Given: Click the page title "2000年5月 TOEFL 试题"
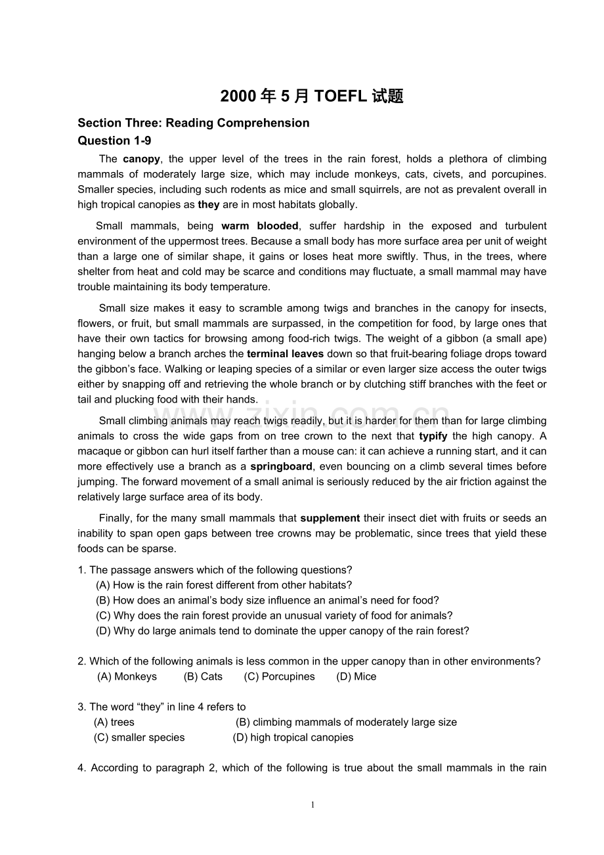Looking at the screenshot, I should [312, 97].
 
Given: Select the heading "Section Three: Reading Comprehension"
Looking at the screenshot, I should [193, 123].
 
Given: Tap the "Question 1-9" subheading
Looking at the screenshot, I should [114, 141].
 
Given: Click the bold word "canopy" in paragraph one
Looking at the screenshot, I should [141, 159].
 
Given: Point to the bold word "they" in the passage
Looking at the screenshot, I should [209, 204].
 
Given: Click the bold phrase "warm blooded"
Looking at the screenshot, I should [260, 226].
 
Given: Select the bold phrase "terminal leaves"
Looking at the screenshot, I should [285, 354].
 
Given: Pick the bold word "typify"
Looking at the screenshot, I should [433, 436].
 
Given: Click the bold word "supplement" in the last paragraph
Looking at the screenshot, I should [330, 518].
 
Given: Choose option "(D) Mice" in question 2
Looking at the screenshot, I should [356, 676].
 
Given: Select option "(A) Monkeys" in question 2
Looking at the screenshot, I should [127, 676].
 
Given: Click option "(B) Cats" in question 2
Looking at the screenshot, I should [203, 676].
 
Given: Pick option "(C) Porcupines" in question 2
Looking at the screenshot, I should [279, 676].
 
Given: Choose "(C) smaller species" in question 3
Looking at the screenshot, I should [139, 737].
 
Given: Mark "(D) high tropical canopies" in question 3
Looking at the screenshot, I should [293, 737].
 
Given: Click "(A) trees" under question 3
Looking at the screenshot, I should [114, 722].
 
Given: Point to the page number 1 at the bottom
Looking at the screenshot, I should [313, 805].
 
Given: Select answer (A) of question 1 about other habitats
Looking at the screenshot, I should [224, 585].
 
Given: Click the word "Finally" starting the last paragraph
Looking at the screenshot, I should [116, 518].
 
